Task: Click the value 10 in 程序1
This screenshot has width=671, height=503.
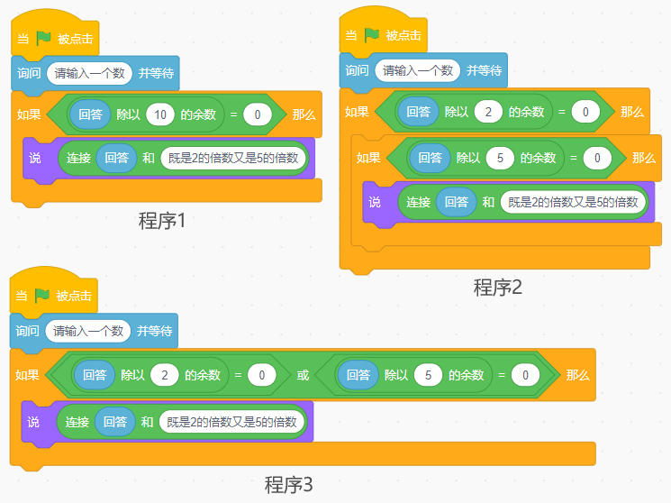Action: [x=160, y=114]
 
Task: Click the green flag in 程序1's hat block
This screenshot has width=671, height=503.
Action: [x=44, y=39]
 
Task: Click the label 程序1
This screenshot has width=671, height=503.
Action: [x=162, y=220]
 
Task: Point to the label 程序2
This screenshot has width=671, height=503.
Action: [x=498, y=288]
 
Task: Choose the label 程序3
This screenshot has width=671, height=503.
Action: [x=288, y=484]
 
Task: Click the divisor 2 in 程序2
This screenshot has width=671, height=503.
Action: [x=488, y=112]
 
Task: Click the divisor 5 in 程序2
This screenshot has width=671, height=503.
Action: [x=500, y=158]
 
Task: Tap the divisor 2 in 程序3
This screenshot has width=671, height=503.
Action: [x=164, y=375]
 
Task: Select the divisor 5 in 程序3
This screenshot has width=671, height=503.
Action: [x=428, y=375]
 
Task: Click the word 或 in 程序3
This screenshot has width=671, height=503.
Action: [x=303, y=375]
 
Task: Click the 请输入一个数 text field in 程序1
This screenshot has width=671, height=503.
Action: [x=90, y=73]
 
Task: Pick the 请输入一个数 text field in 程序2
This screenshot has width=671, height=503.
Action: [x=418, y=70]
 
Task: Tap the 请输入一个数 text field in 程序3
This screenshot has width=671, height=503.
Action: [x=88, y=331]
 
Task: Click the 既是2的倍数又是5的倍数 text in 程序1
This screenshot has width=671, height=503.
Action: [x=234, y=159]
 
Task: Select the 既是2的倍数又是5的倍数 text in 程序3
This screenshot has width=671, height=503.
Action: [x=232, y=421]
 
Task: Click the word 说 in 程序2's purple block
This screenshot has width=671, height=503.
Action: [x=376, y=202]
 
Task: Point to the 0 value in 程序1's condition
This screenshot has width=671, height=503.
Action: [x=257, y=114]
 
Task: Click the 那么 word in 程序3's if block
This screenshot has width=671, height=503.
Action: [x=577, y=375]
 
